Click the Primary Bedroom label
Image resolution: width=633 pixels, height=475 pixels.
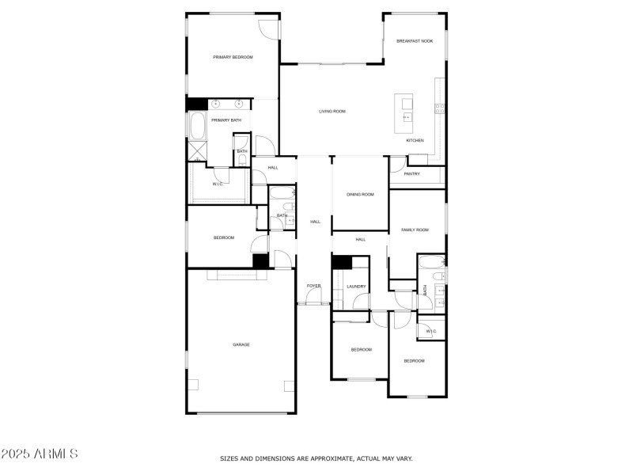pos(233,57)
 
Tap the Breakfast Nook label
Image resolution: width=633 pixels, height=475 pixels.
pos(415,40)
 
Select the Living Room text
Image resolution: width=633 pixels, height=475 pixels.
pos(332,112)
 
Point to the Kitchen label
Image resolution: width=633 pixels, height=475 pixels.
pos(415,140)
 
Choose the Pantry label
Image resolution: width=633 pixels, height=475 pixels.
pos(411,174)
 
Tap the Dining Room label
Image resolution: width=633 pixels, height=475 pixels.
pos(360,194)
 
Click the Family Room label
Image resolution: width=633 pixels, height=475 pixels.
pos(415,230)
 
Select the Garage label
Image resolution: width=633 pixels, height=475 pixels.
pos(241,344)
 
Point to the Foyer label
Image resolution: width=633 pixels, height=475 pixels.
pos(314,286)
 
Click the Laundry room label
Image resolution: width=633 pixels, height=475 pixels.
pos(356,287)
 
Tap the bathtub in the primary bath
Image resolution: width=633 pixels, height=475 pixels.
pos(196,127)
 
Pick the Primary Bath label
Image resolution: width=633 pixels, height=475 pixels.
pos(226,120)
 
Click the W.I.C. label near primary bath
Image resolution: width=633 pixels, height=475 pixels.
pos(219,184)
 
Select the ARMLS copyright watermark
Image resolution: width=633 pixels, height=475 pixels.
pos(40,454)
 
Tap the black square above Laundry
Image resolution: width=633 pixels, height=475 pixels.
pos(341,264)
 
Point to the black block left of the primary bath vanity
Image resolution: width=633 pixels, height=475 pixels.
pos(196,104)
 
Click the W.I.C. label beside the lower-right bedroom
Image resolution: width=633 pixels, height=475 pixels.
pos(431,331)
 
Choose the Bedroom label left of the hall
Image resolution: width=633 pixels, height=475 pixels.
pos(224,237)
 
